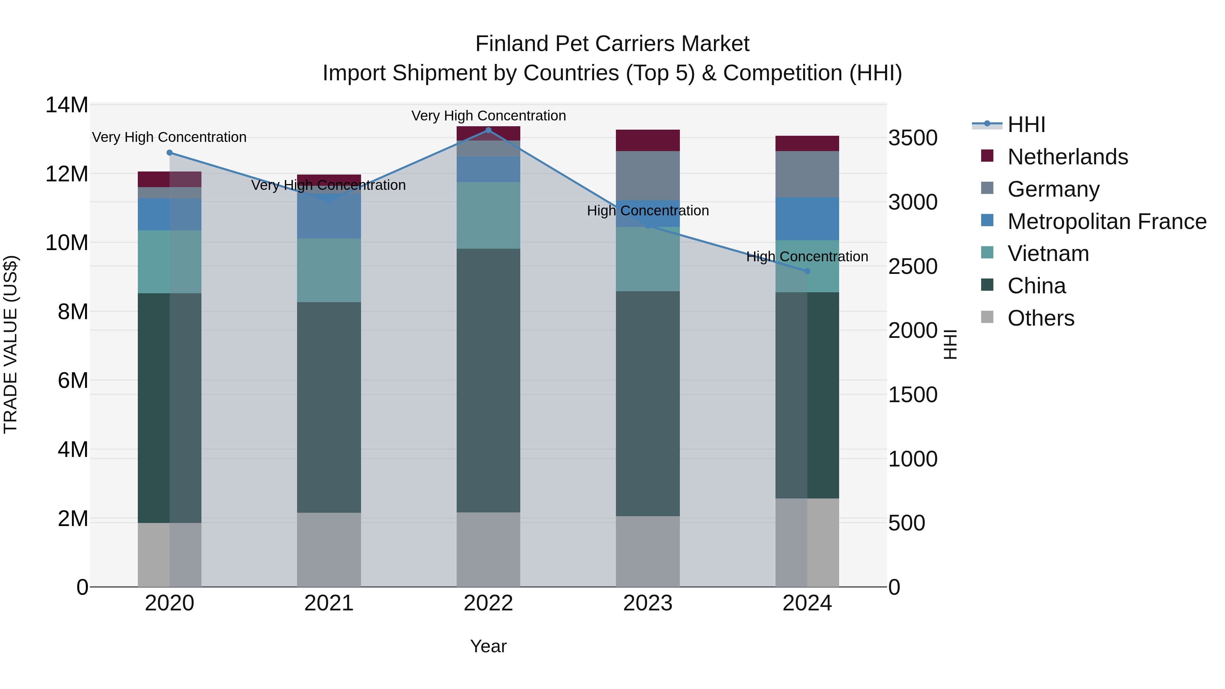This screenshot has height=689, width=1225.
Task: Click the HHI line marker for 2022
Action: click(x=488, y=130)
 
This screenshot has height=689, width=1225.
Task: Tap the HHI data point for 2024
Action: click(x=807, y=271)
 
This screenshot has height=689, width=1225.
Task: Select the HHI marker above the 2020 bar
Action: click(x=170, y=153)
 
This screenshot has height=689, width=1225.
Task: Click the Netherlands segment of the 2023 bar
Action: click(x=648, y=140)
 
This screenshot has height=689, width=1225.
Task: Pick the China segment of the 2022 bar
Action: click(x=488, y=380)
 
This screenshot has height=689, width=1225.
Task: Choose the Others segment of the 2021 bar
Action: click(x=329, y=549)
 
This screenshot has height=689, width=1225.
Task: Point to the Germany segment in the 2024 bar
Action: click(x=807, y=174)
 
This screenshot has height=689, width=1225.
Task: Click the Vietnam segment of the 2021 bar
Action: click(x=329, y=270)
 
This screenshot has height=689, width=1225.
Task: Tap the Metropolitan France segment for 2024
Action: click(x=807, y=219)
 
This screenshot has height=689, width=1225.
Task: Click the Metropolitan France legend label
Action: click(x=1107, y=222)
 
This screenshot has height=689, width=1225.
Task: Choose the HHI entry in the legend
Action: click(x=1026, y=125)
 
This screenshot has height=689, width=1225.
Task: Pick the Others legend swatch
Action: click(x=987, y=317)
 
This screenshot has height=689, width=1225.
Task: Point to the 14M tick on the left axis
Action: click(x=67, y=105)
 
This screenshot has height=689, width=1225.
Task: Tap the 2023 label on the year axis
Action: click(x=648, y=603)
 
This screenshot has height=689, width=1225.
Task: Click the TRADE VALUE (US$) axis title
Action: click(x=11, y=344)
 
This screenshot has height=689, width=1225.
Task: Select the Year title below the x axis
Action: click(x=488, y=646)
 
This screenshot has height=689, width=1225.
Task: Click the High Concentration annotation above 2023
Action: click(x=648, y=211)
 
